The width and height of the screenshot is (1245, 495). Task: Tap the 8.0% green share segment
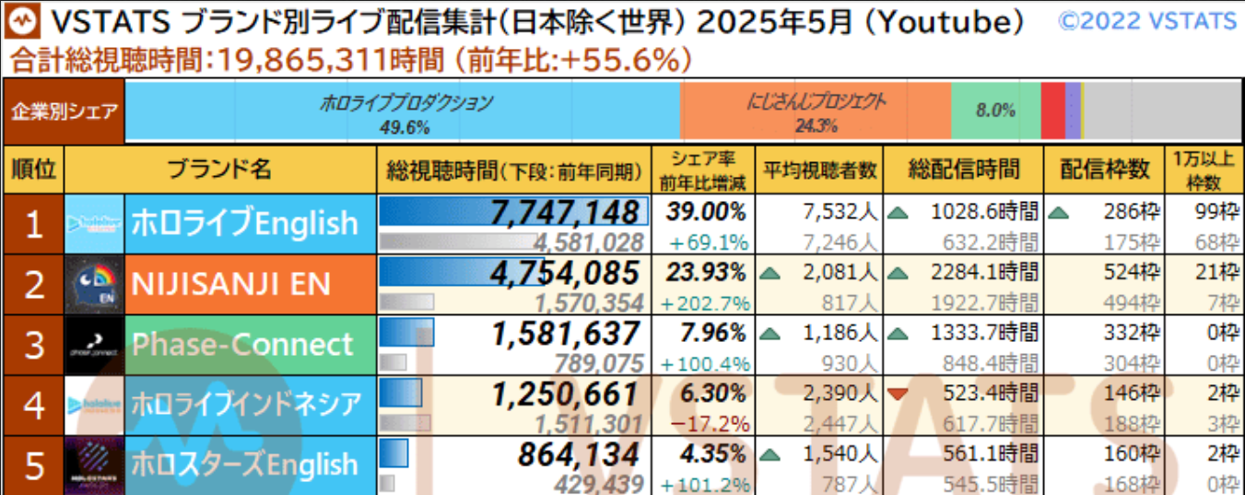(995, 111)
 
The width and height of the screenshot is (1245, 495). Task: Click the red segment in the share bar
(1052, 111)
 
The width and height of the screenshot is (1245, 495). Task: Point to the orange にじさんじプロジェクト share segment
(816, 111)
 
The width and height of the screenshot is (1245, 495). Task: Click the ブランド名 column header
(220, 169)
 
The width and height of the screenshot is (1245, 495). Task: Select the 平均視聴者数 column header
(818, 170)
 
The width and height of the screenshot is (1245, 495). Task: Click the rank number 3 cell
(34, 345)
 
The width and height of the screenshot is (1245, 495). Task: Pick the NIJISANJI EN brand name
(230, 284)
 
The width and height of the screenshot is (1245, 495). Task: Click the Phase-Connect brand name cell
(242, 345)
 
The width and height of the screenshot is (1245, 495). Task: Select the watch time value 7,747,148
(565, 212)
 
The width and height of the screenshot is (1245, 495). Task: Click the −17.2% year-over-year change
(708, 424)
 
